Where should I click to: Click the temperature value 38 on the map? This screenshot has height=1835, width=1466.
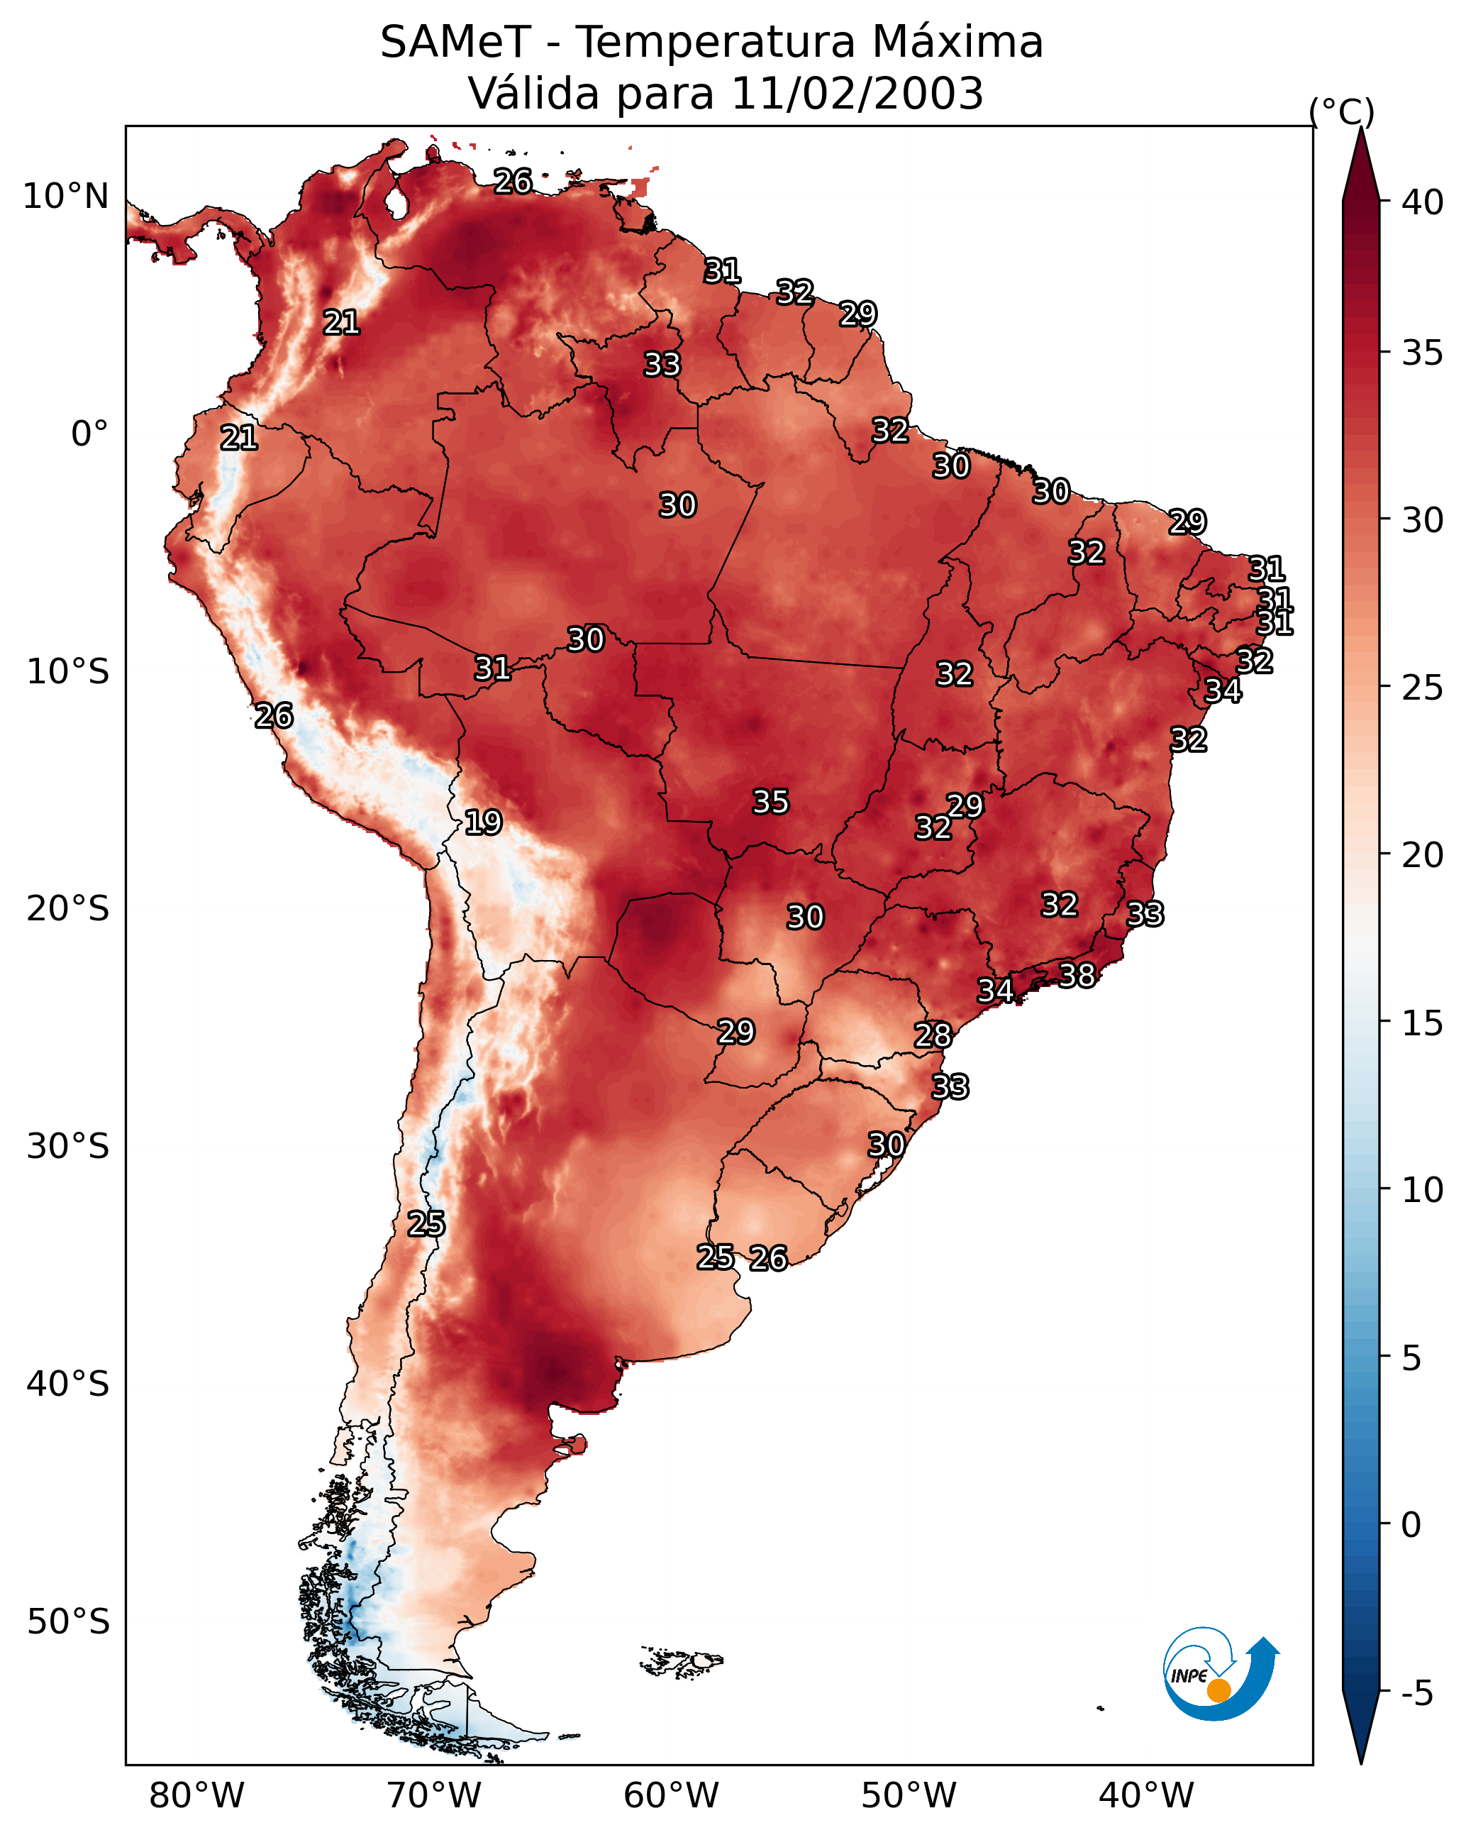click(x=1077, y=976)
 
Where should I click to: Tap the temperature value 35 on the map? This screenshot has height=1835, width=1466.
click(x=771, y=802)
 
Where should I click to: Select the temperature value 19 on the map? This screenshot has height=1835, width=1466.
click(x=483, y=823)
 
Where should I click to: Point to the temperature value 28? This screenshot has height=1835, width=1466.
click(x=933, y=1036)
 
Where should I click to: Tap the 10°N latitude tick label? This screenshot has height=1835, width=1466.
click(x=65, y=197)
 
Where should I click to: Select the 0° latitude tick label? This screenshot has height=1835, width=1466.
click(x=90, y=434)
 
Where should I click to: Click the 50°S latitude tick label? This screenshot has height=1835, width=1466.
click(x=68, y=1622)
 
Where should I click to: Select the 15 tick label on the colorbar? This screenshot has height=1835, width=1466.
click(x=1423, y=1023)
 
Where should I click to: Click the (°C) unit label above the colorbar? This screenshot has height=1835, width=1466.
click(x=1342, y=111)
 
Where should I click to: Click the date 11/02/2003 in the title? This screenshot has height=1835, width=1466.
click(x=857, y=94)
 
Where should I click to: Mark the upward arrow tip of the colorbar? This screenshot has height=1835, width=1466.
click(x=1360, y=128)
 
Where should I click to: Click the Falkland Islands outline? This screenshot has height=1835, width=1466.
click(x=682, y=1660)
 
